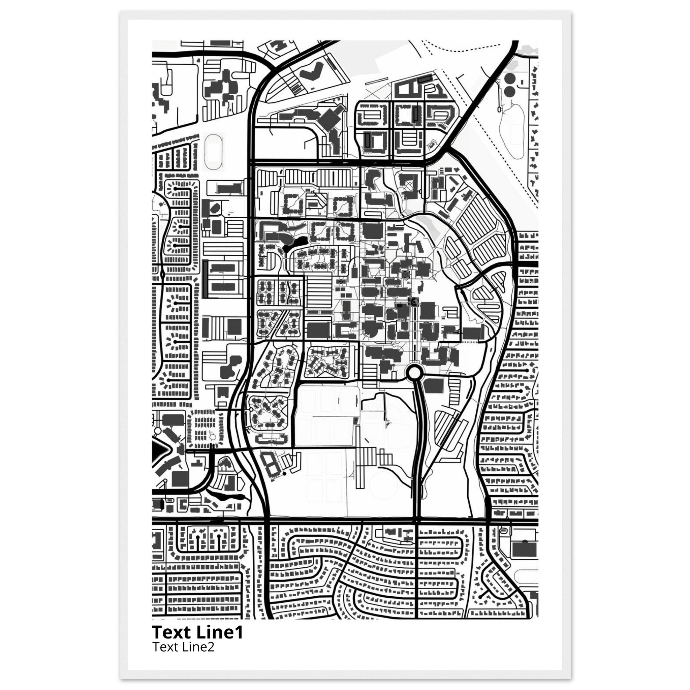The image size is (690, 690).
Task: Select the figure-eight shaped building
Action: (270, 464)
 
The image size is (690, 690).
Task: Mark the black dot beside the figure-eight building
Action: (284, 474)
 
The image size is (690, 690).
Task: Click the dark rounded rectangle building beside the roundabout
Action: (433, 386)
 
